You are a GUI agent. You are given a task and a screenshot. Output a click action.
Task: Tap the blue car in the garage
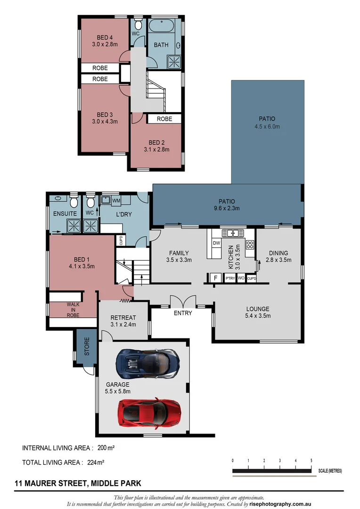point(148,363)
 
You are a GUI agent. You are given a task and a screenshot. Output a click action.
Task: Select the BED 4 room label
point(105,37)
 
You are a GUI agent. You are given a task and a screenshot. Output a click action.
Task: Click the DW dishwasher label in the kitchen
point(217,243)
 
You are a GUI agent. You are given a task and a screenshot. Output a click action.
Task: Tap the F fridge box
point(216,278)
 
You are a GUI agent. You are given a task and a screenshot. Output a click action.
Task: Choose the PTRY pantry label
point(230,279)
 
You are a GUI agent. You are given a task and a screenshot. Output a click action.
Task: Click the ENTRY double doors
point(182,302)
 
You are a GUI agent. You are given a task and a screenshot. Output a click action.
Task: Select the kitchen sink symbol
point(232,233)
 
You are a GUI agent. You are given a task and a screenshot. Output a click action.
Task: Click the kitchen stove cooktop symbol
point(250,245)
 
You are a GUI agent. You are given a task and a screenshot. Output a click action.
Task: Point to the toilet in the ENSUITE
point(74,202)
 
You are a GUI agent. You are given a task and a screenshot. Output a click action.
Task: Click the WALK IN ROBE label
point(73,310)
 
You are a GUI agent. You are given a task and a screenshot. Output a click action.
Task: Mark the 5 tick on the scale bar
point(311,460)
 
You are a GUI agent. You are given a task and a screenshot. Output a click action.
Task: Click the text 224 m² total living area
point(96,462)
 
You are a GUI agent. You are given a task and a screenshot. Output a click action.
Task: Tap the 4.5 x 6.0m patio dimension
point(267,126)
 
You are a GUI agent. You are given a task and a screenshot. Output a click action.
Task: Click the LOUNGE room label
point(258,309)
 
